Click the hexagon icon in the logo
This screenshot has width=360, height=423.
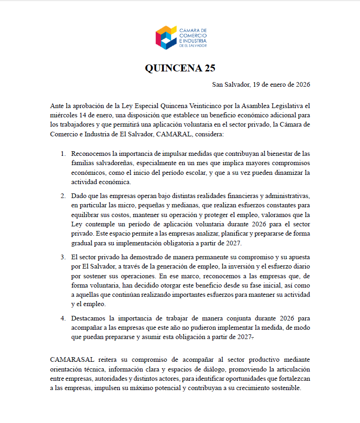167,37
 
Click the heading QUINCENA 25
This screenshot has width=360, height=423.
180,68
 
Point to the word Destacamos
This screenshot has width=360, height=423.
89,319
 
